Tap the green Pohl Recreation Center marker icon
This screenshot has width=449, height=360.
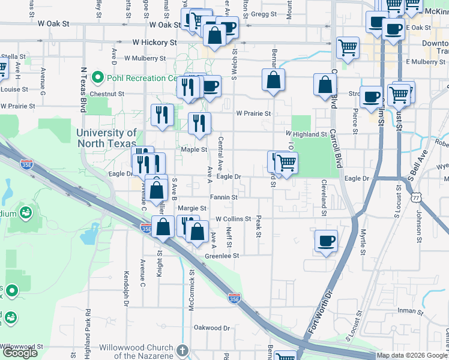[x=98, y=78]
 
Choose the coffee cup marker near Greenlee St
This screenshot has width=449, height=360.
[x=326, y=241]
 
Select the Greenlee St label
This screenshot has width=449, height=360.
[x=222, y=256]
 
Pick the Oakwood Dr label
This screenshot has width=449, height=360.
[x=212, y=328]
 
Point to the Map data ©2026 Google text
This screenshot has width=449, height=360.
[x=412, y=356]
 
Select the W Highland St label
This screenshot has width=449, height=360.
[x=306, y=134]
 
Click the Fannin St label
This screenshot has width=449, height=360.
[x=223, y=197]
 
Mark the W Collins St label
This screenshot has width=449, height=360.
[x=233, y=219]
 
